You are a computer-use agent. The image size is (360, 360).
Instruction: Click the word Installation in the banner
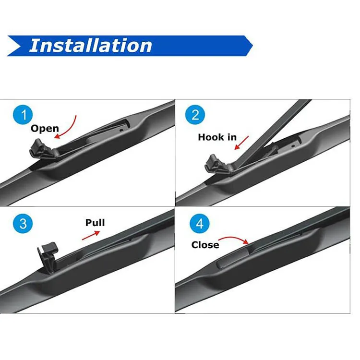pos(91,45)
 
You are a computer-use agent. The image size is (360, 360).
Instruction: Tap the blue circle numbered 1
pos(21,115)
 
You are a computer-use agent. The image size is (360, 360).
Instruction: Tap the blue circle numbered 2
pos(195,115)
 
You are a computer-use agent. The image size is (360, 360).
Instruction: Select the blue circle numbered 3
pos(21,224)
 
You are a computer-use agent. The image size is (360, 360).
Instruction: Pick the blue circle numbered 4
pos(199,224)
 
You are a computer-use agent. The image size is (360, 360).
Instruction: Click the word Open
pos(45,129)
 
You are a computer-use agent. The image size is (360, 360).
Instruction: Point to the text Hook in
pos(217,137)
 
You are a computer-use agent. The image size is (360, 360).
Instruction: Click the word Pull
pos(95,222)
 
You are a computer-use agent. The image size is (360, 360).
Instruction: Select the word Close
pos(205,245)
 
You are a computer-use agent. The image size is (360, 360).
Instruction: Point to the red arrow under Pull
pos(91,235)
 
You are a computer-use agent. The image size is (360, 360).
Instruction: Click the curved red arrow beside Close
pos(235,239)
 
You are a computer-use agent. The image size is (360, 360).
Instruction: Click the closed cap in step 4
pos(232,259)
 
